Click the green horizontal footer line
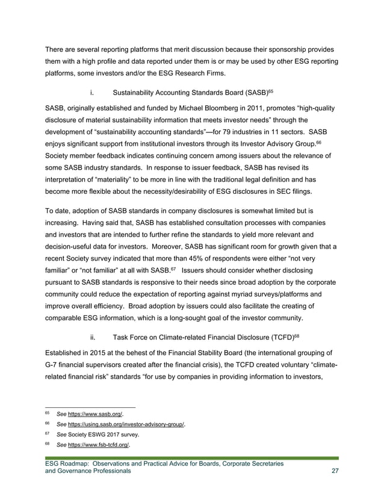(x=191, y=458)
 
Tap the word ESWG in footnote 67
(x=105, y=435)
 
